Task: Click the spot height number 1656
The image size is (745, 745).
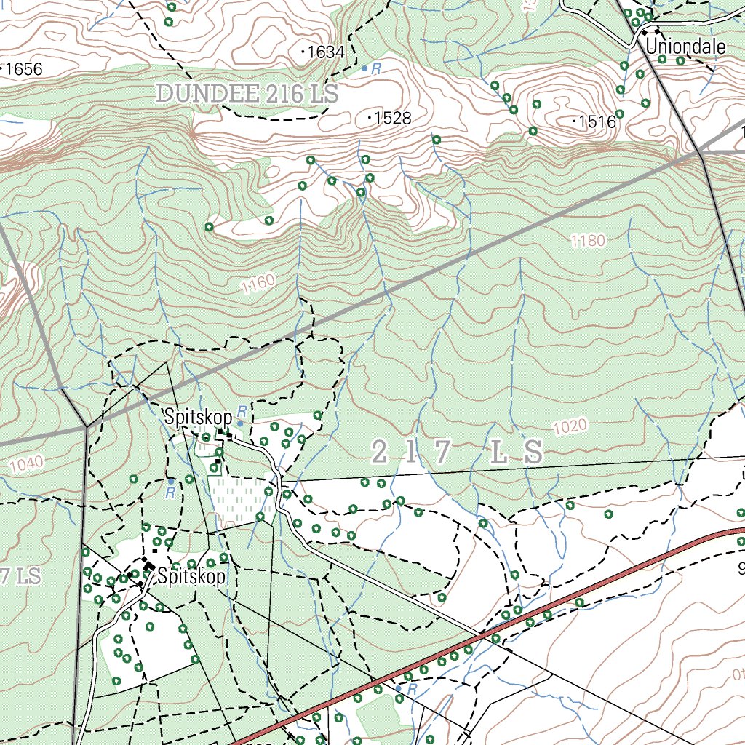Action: click(24, 70)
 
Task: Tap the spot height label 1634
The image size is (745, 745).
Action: click(325, 52)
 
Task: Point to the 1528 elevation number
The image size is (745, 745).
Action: click(393, 118)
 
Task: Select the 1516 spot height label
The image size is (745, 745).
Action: click(598, 122)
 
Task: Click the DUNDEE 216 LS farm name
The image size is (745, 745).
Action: click(247, 93)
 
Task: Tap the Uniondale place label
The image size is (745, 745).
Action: click(685, 47)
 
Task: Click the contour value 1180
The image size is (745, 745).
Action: click(588, 241)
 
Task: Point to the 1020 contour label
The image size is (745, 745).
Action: click(570, 428)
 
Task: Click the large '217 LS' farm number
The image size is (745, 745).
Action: click(456, 453)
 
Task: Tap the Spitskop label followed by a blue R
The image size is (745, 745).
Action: click(198, 418)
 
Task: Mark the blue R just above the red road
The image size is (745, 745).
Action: click(411, 688)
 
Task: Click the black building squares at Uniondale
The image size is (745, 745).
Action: click(650, 31)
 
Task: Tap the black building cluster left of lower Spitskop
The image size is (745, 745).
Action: click(148, 564)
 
